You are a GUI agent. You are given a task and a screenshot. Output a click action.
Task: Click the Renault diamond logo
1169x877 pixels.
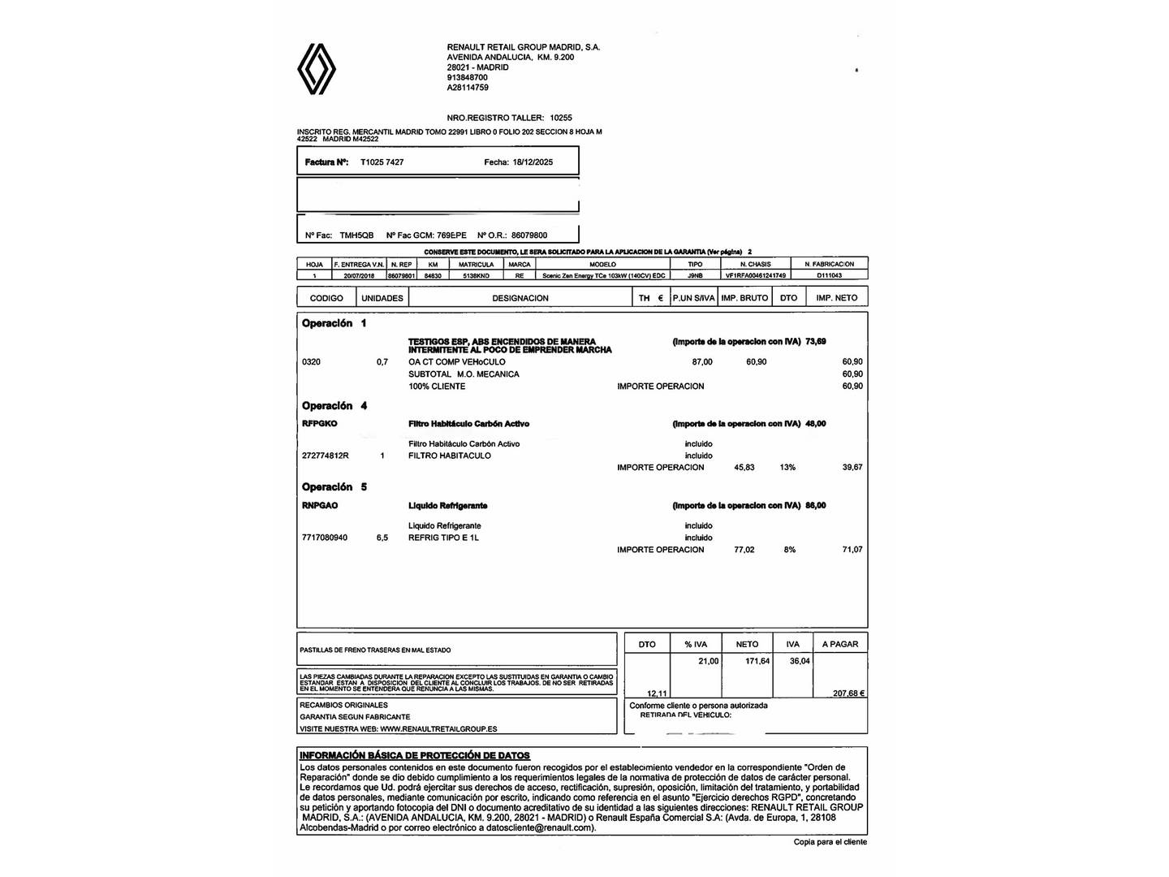(316, 69)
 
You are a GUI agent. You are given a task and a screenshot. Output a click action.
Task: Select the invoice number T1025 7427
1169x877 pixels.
(382, 162)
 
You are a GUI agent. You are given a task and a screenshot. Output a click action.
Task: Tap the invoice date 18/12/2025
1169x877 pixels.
(533, 162)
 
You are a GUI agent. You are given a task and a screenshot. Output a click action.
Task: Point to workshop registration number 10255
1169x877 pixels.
(561, 118)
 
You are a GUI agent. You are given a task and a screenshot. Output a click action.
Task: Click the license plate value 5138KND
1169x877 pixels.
(476, 275)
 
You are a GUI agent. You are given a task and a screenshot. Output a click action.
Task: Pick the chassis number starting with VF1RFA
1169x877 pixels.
(755, 275)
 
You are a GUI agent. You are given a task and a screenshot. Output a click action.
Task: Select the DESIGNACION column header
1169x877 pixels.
(520, 298)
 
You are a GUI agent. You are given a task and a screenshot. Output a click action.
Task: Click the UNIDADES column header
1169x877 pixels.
(382, 298)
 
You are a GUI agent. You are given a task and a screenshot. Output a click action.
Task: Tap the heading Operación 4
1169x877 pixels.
(334, 406)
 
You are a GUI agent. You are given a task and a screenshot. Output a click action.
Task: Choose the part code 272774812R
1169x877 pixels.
(325, 456)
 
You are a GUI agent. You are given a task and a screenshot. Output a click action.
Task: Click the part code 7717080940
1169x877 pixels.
(324, 538)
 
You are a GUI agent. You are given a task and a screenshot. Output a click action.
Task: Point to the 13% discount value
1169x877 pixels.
(787, 468)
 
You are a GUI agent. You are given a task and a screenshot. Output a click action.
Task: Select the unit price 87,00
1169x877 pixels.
(702, 362)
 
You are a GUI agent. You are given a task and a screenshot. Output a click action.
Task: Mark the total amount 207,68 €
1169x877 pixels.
(848, 693)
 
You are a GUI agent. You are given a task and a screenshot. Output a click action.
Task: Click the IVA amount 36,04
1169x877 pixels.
(800, 661)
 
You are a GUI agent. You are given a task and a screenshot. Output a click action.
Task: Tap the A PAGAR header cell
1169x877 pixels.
(839, 644)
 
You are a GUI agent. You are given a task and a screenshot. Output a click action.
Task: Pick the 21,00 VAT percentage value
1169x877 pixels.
(708, 661)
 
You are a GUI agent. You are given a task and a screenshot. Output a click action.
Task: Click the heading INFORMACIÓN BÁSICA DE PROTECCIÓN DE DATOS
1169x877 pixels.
(414, 755)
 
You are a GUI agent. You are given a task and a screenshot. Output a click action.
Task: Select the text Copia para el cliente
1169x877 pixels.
(830, 842)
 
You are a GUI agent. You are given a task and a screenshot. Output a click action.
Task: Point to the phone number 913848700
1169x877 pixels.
(467, 77)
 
